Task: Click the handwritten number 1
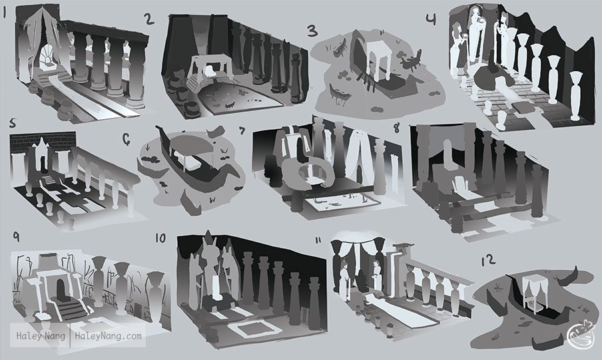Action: (x=5, y=13)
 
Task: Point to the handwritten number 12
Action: (x=488, y=260)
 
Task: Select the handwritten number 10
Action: (x=160, y=238)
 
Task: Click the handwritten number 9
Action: (x=16, y=236)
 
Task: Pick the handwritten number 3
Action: (x=313, y=31)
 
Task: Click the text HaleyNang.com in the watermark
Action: (x=109, y=336)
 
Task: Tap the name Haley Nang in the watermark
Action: (x=41, y=336)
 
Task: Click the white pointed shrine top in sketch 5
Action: (x=41, y=145)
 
